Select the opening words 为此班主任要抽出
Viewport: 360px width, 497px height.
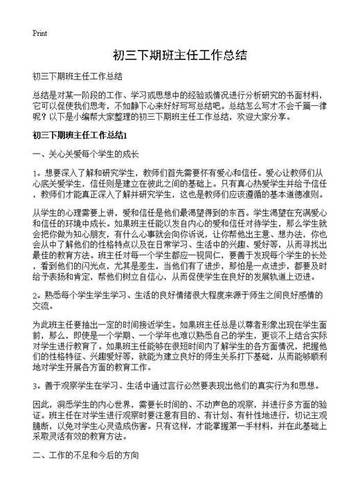click(x=66, y=322)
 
